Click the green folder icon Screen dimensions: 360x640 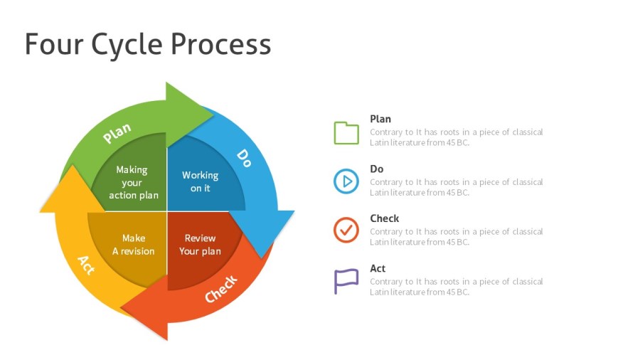[346, 132]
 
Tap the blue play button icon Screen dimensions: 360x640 [346, 181]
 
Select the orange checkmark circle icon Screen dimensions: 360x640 [346, 231]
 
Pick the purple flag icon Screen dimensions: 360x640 [346, 281]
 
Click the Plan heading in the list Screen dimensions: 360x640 [380, 119]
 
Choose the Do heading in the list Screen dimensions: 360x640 [377, 169]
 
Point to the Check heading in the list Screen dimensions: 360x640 [385, 218]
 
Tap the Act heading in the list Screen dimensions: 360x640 [378, 268]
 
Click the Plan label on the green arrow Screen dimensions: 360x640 [117, 132]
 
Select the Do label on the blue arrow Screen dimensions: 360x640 [244, 157]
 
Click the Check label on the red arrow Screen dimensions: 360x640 [221, 289]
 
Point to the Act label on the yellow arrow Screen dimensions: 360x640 [86, 264]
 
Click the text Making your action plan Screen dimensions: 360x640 [133, 182]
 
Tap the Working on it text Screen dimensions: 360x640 [200, 181]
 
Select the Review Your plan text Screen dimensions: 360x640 [200, 244]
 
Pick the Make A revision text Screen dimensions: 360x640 [133, 244]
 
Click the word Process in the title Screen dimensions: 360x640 [220, 44]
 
